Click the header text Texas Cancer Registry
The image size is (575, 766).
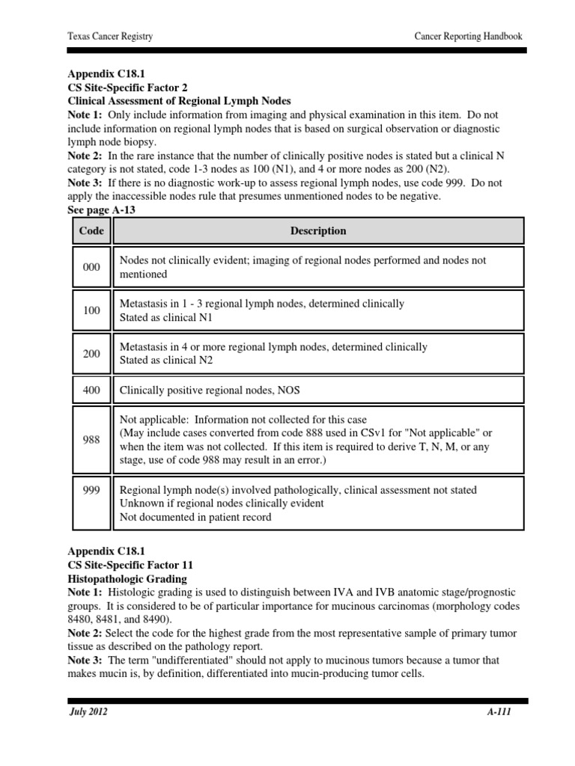pyautogui.click(x=109, y=37)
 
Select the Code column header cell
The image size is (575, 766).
pyautogui.click(x=91, y=230)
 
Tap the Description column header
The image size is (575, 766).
pyautogui.click(x=318, y=230)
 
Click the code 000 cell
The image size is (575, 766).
pyautogui.click(x=91, y=267)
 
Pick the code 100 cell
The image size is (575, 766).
pyautogui.click(x=91, y=310)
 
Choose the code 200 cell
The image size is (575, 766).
pyautogui.click(x=91, y=353)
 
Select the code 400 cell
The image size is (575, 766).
pyautogui.click(x=91, y=390)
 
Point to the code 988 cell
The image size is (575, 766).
pyautogui.click(x=91, y=441)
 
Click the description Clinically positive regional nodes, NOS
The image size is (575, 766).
pyautogui.click(x=210, y=390)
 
